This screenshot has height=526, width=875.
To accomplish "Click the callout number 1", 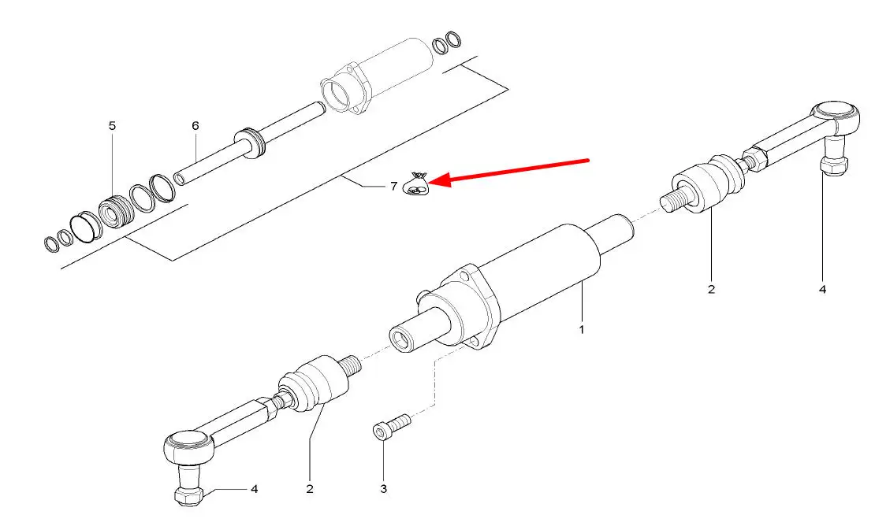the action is pos(582,329).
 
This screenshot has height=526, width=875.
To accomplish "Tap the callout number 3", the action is pos(383,489).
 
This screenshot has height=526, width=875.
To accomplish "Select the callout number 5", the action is pos(112,126).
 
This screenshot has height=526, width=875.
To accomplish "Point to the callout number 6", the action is pos(195,126).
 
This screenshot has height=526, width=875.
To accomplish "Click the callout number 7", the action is pos(393,186).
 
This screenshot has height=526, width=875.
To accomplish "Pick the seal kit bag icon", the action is pos(416,185).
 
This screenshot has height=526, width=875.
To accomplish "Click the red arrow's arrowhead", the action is pos(438,180).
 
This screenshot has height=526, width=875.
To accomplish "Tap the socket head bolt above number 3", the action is pos(391,428).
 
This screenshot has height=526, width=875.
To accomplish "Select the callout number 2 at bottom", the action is pos(310,489).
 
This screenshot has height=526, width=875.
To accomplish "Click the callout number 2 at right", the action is pos(711,289).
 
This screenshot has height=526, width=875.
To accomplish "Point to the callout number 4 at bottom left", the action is pos(254,489).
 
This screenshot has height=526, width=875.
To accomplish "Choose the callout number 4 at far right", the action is pos(822,289).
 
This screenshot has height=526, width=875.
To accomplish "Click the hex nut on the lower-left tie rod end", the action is pos(190,495).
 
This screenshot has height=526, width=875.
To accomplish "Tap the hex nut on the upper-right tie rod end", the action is pos(834,165).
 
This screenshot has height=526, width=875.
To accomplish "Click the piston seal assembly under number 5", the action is pos(117,212).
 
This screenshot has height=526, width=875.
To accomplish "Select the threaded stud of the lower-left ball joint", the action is pos(349,365).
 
